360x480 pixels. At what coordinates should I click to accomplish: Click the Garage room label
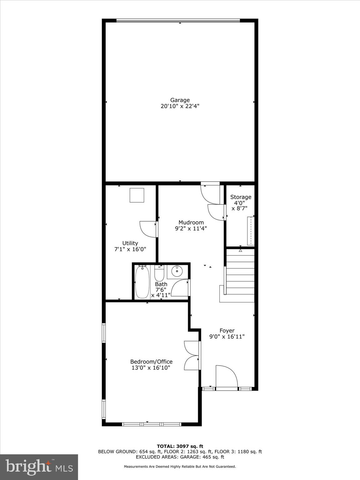[180, 100]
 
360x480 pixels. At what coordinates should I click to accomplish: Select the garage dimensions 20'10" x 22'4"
[180, 106]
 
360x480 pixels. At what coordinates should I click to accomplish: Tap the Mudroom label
[191, 222]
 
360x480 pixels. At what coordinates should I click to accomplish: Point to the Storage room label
[241, 197]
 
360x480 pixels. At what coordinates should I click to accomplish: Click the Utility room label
[130, 243]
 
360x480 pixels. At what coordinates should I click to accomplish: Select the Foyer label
[227, 331]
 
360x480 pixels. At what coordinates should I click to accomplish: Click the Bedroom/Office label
[151, 362]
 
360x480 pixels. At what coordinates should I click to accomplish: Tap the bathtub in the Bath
[142, 282]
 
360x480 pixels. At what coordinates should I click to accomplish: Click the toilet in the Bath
[159, 273]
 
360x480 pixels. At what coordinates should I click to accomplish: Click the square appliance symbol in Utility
[137, 195]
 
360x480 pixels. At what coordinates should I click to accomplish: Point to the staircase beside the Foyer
[240, 272]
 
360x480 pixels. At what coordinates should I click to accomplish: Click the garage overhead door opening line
[178, 21]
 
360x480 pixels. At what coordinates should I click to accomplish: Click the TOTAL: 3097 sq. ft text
[180, 446]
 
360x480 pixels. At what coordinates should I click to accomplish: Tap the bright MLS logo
[39, 467]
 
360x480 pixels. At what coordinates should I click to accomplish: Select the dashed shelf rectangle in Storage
[250, 231]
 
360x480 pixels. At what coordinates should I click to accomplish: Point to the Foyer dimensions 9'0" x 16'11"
[227, 337]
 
